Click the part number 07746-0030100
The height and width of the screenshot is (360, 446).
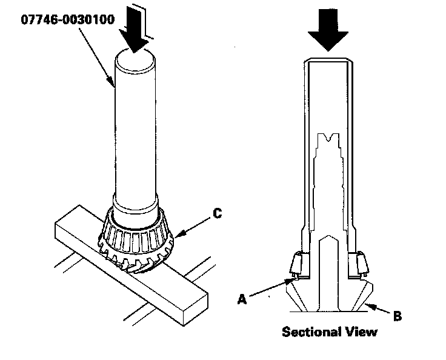[68, 19]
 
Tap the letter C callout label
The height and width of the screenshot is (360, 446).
[218, 213]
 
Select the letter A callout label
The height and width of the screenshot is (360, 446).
[242, 299]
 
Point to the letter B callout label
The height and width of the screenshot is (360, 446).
[398, 316]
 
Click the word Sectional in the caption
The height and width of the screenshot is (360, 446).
[311, 332]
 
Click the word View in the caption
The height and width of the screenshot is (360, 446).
[361, 332]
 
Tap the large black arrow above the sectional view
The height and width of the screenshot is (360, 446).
[328, 30]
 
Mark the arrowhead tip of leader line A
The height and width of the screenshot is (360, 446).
[294, 279]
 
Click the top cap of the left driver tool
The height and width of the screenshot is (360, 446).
[135, 61]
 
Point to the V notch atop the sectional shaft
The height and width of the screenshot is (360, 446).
[329, 139]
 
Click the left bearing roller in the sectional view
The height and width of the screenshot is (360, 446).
[296, 264]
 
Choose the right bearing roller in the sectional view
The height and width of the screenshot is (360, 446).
[362, 264]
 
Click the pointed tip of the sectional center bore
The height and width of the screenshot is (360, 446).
[328, 236]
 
